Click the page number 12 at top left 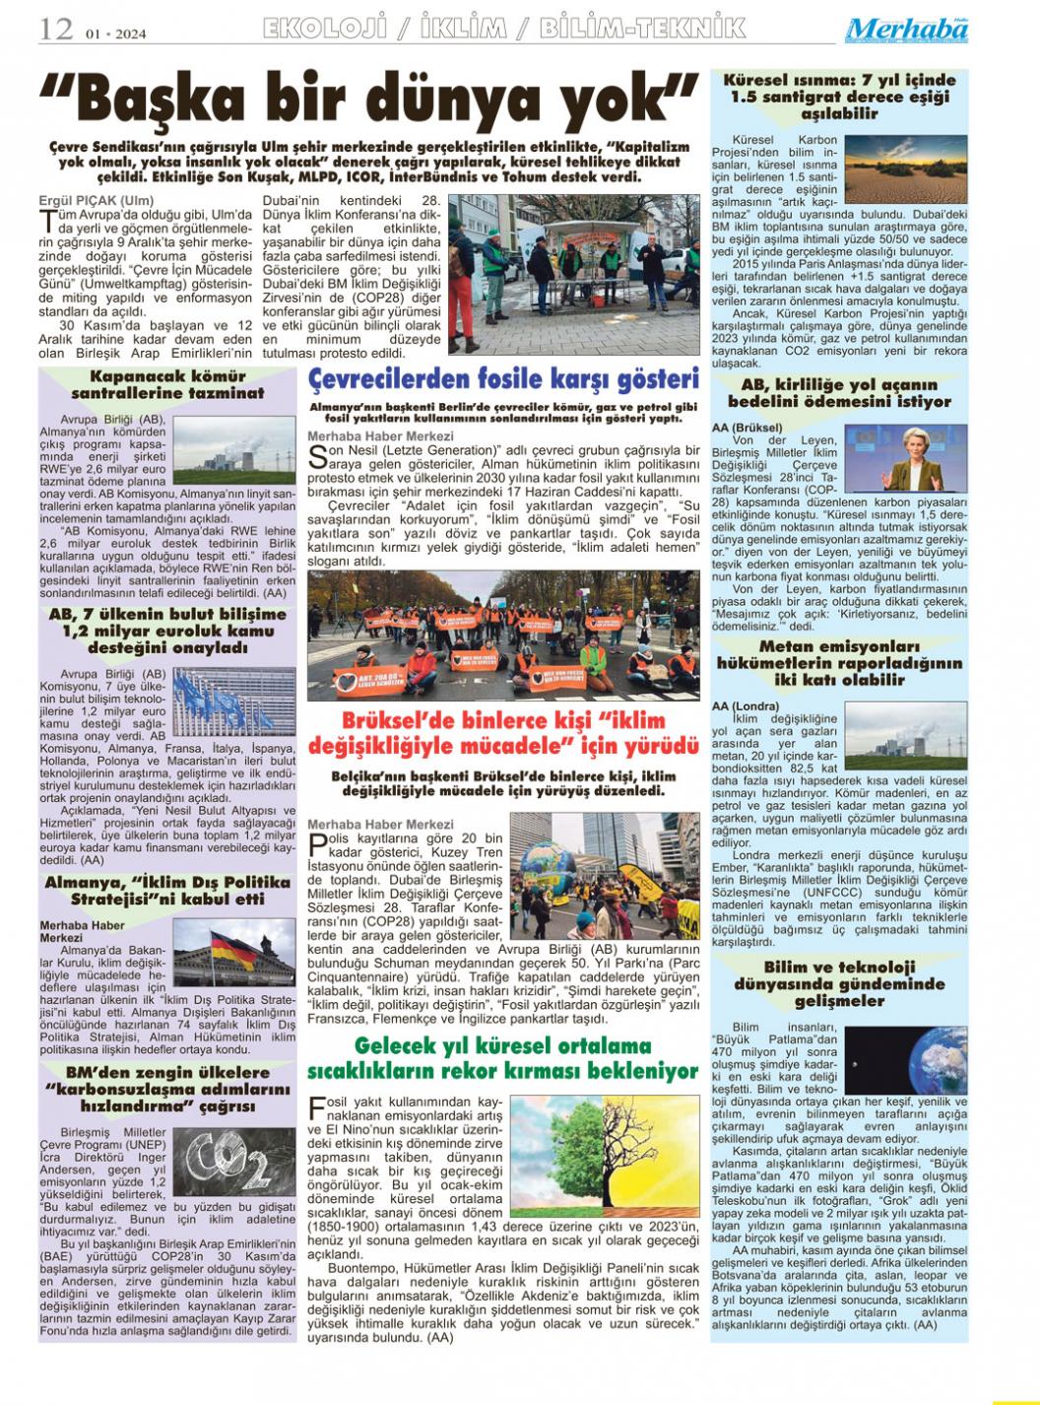coord(56,30)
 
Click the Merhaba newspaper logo coord(906,31)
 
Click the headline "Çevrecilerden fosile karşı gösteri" coord(503,379)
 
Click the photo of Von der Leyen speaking coord(907,458)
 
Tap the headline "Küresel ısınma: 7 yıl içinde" coord(839,80)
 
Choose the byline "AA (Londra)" coord(746,705)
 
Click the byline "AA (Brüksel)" coord(748,428)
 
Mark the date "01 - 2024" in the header coord(115,33)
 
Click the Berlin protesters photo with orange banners coord(503,635)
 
